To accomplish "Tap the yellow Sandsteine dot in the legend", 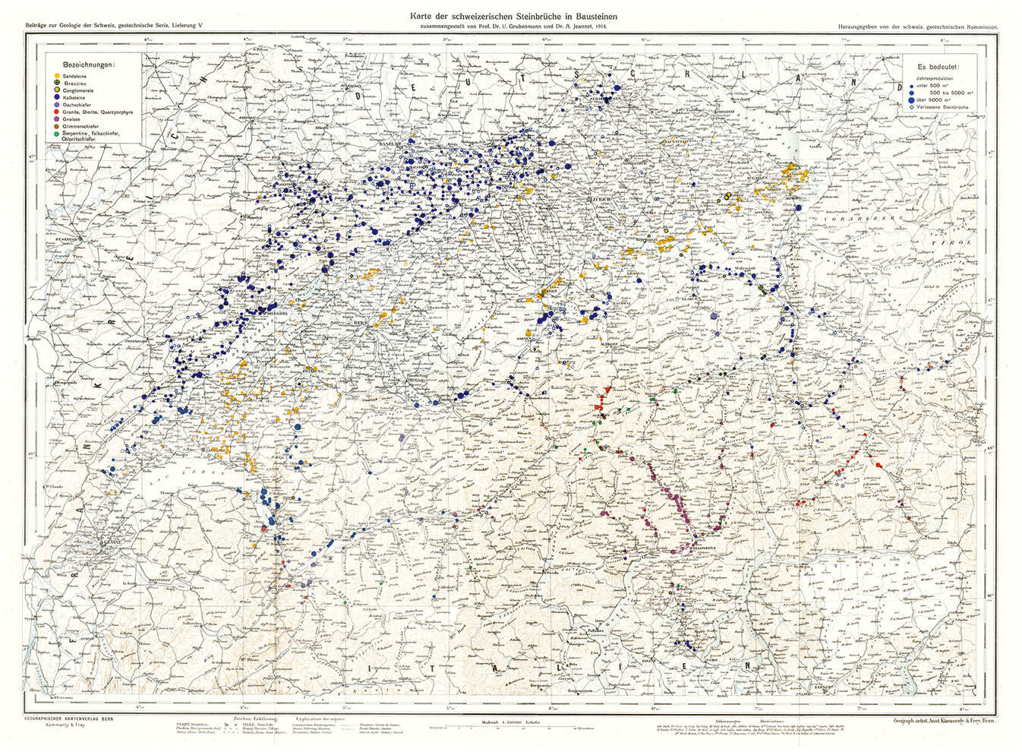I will (58, 77).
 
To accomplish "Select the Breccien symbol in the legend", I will (58, 84).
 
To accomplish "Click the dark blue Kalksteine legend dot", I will (58, 98).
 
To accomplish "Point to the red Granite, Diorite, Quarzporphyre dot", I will (58, 112).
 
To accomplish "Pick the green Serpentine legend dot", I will (58, 133).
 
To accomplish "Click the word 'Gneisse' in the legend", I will (72, 119).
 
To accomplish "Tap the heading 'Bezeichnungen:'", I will (89, 65).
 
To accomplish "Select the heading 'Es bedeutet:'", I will (938, 67).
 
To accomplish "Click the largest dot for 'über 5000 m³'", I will (911, 100).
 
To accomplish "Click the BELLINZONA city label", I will (705, 546).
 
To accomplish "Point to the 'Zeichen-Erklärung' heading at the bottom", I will (254, 718).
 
